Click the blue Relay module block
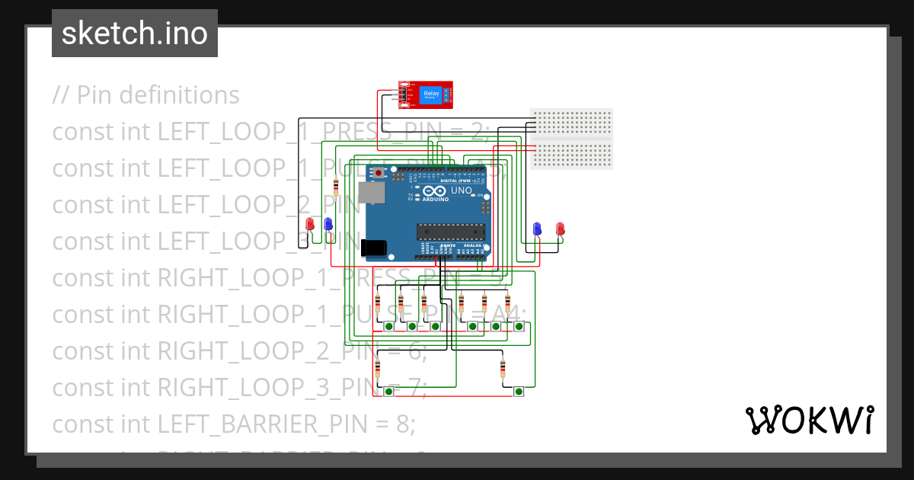click(431, 94)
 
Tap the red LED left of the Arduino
click(310, 224)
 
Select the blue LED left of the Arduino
click(328, 224)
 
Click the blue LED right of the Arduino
click(537, 229)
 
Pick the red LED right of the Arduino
click(560, 229)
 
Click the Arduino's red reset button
click(379, 174)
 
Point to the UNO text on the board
click(462, 190)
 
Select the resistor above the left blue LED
click(337, 187)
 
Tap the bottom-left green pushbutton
click(388, 392)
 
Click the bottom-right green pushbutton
click(519, 392)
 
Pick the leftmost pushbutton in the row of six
click(388, 327)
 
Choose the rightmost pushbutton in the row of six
click(519, 327)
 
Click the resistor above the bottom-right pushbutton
click(503, 370)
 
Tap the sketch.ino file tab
click(135, 34)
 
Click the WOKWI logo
click(809, 420)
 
